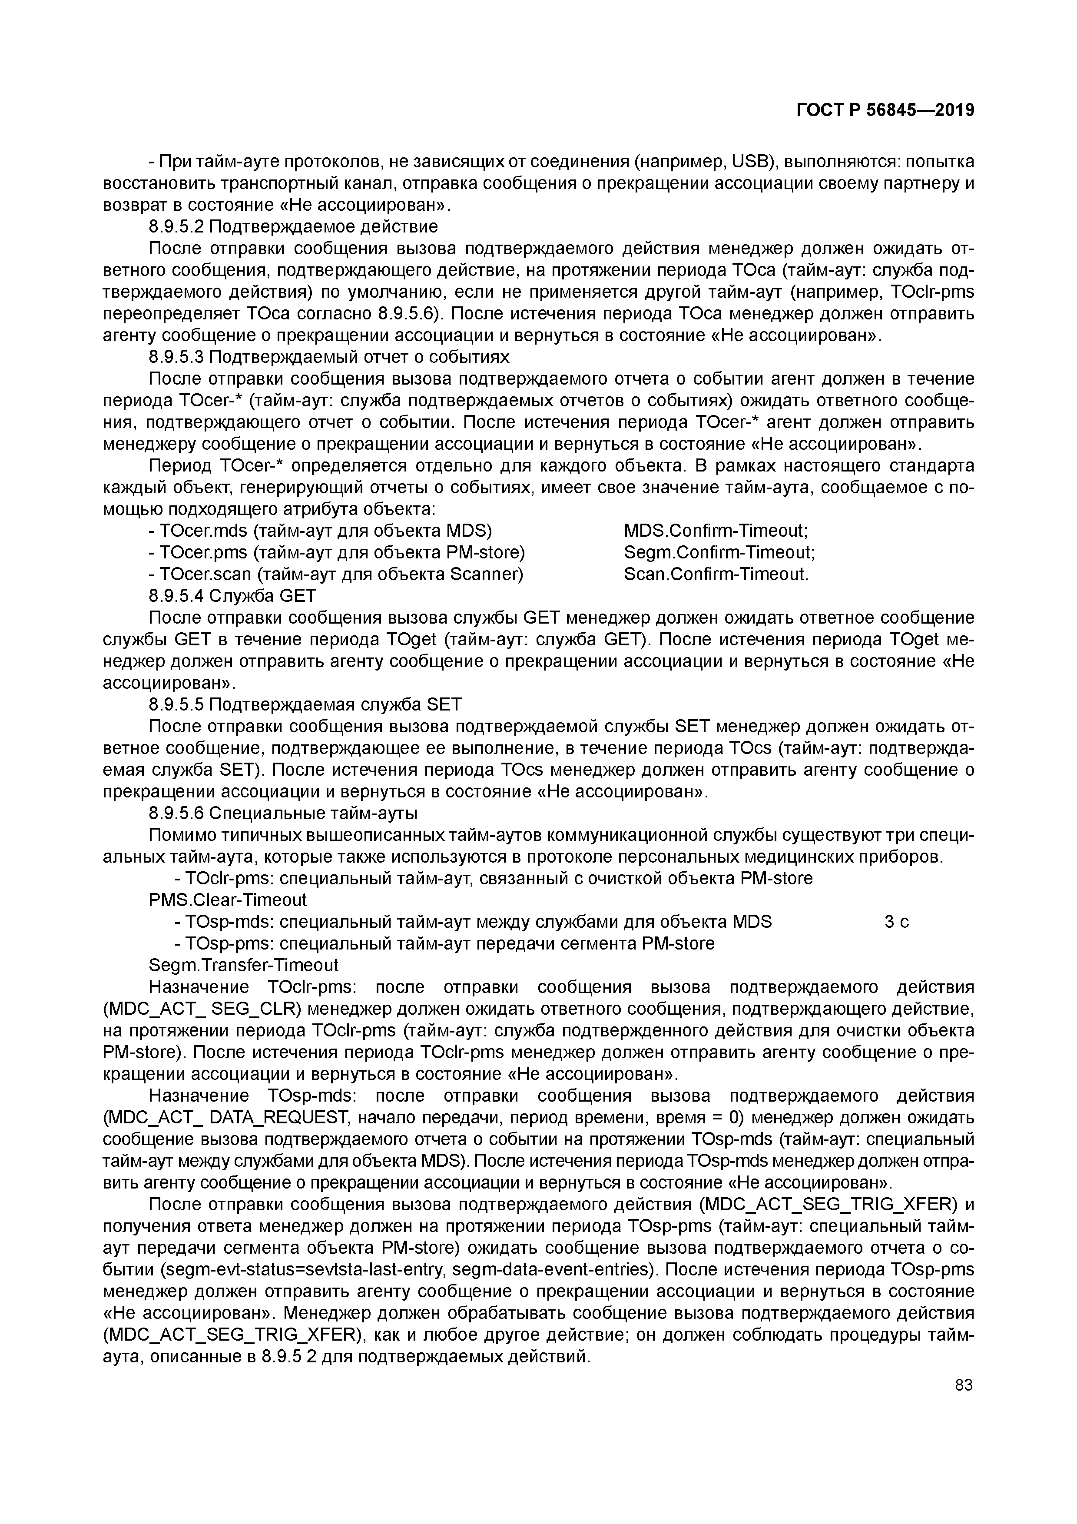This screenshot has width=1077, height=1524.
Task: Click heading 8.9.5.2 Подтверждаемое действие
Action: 293,227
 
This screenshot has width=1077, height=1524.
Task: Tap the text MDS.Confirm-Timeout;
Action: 716,531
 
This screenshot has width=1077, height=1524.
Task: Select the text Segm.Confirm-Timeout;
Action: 719,552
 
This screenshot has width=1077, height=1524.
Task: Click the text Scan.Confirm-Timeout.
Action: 716,574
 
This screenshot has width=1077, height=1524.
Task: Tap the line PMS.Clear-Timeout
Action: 228,900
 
